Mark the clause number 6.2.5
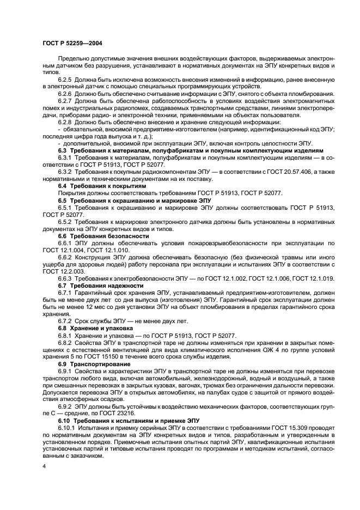click(65, 80)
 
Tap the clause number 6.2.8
click(65, 122)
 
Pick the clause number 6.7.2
click(65, 321)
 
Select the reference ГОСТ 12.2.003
click(59, 270)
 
